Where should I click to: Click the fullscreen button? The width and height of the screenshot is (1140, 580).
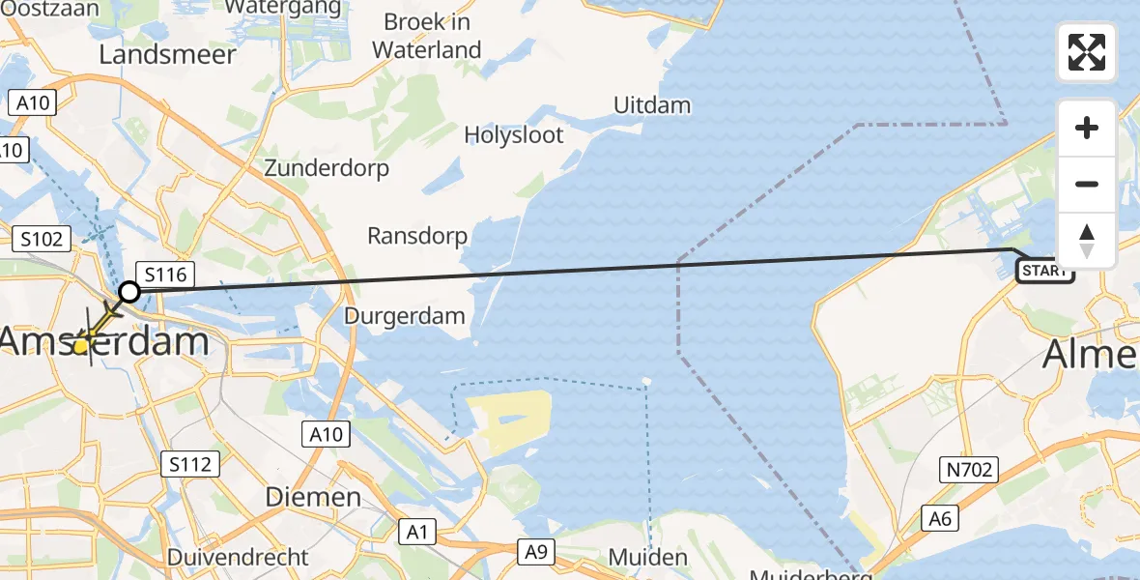(1087, 52)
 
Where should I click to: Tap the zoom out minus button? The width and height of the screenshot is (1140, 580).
(1087, 184)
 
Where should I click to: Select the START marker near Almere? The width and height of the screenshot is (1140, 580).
(1045, 272)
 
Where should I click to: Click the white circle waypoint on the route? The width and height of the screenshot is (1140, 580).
(128, 291)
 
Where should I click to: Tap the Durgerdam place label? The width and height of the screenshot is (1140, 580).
(405, 316)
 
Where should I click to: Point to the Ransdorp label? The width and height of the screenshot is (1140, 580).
(417, 236)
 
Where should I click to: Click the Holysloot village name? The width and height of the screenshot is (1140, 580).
(514, 135)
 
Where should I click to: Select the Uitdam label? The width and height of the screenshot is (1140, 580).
(652, 105)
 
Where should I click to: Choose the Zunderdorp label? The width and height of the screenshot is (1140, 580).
(327, 168)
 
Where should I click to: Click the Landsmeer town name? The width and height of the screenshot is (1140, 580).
(167, 55)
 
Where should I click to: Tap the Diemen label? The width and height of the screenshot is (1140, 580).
(313, 498)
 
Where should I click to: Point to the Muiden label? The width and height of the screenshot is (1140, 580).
(648, 558)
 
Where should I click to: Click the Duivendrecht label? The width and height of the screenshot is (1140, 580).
(238, 558)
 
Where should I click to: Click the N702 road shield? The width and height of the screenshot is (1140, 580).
(969, 471)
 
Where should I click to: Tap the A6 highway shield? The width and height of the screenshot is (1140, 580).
(940, 519)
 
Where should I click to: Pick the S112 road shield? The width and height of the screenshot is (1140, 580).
(189, 465)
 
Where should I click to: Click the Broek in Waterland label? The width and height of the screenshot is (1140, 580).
(426, 36)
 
